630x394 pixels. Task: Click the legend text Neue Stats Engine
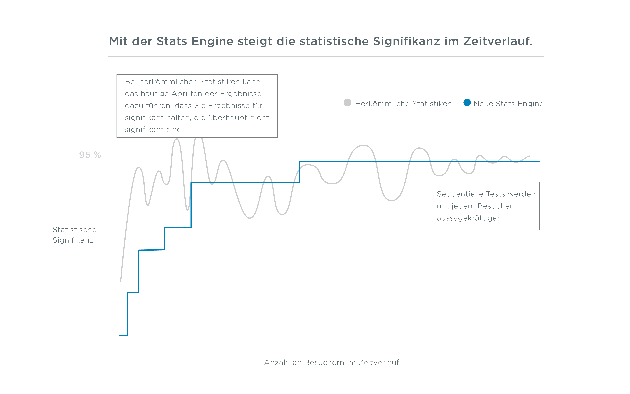click(x=508, y=104)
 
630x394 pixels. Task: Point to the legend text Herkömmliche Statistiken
click(x=403, y=104)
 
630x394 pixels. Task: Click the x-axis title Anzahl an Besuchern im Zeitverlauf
click(x=331, y=362)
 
